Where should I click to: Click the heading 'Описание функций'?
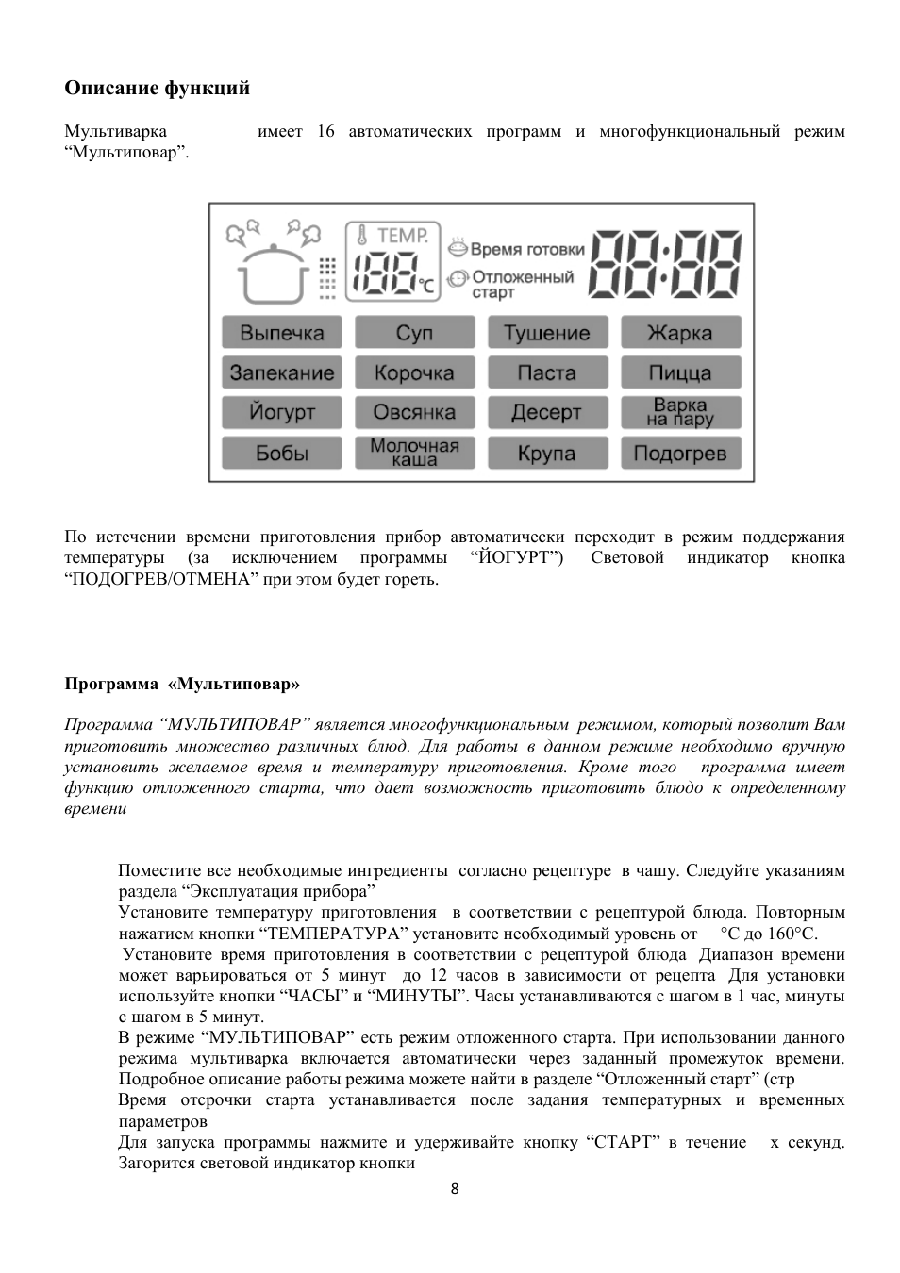[157, 89]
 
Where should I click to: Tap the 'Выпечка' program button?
[281, 333]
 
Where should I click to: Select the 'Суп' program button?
[414, 333]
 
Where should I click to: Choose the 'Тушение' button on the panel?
[547, 333]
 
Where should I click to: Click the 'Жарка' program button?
[680, 333]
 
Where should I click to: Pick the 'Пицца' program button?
[680, 372]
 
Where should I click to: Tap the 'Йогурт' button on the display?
[281, 412]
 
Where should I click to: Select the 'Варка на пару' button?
[680, 412]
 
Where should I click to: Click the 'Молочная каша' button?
[414, 453]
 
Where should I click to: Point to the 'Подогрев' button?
[680, 453]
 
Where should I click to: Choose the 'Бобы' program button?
[281, 453]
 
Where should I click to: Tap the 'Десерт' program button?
[547, 412]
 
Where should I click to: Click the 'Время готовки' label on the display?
[526, 249]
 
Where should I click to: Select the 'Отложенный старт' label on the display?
[522, 284]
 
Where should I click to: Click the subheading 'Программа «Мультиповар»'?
[182, 683]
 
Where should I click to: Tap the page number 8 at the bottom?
[454, 1188]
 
